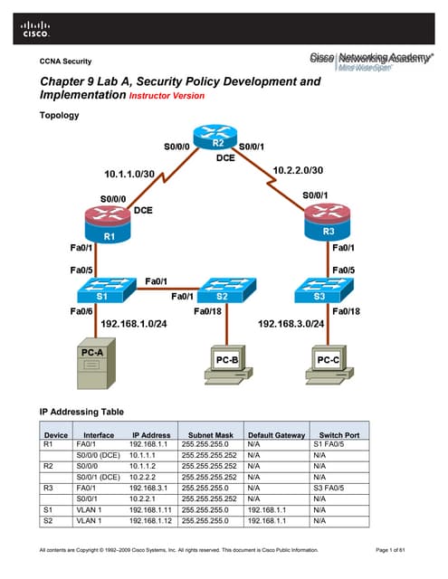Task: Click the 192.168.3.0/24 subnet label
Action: pos(292,323)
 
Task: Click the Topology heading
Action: pos(62,116)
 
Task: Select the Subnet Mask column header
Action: pos(205,434)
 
